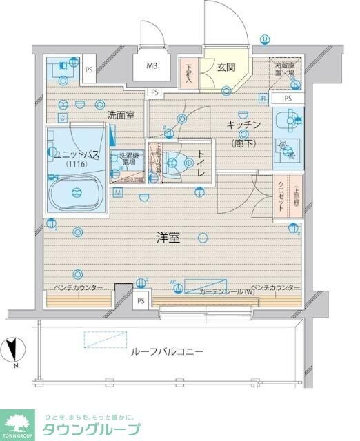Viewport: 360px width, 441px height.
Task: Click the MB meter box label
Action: pos(150,67)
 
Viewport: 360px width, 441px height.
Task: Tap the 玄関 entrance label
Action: pos(225,67)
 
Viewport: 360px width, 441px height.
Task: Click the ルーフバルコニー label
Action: pos(167,351)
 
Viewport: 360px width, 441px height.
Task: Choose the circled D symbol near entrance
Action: pos(263,39)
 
